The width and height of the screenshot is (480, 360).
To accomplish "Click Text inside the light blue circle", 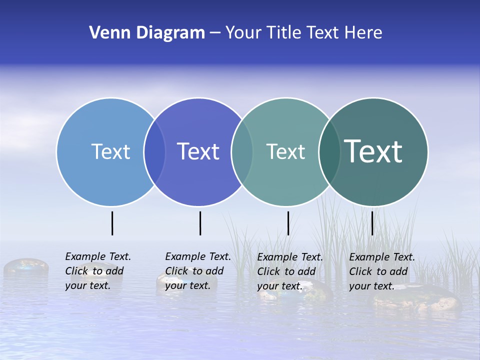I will click(x=110, y=151).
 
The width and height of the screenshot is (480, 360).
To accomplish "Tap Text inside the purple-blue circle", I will click(x=198, y=151).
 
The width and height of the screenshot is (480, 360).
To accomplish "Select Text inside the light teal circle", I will click(x=285, y=151).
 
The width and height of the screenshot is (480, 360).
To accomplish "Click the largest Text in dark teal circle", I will click(x=373, y=151).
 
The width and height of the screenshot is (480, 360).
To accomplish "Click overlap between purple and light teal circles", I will click(x=242, y=152).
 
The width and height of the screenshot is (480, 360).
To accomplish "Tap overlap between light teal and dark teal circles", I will click(x=329, y=152).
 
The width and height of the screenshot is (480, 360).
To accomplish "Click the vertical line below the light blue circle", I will click(x=112, y=223).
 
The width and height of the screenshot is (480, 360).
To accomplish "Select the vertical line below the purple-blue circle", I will click(x=200, y=223).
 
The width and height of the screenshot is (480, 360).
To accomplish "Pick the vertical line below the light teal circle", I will click(x=288, y=223).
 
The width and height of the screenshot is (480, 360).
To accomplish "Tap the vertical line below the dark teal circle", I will click(x=372, y=223).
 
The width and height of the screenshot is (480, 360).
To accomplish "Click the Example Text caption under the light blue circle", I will click(x=98, y=271).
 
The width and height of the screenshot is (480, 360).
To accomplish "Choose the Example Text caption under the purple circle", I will click(x=198, y=271).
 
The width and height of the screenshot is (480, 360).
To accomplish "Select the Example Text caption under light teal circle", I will click(x=290, y=271).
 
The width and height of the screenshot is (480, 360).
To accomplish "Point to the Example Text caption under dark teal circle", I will click(x=382, y=271).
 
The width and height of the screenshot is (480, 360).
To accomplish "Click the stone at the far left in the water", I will click(x=26, y=267).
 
